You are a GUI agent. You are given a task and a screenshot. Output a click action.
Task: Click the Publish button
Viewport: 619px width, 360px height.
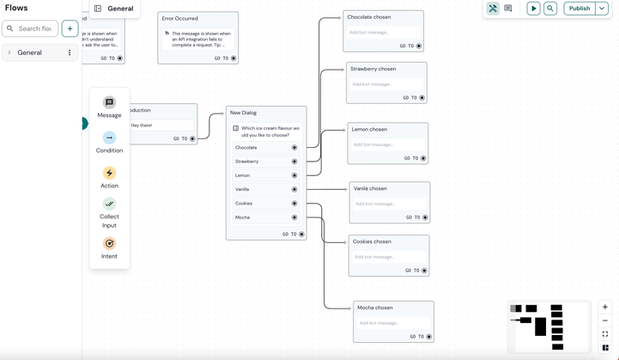coord(580,9)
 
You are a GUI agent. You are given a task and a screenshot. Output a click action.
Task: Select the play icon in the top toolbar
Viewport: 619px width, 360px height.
coord(533,9)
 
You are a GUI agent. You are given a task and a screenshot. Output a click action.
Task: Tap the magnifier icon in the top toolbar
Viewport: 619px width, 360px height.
coord(550,9)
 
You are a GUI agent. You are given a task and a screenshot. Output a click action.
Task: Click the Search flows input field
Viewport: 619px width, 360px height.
coord(34,28)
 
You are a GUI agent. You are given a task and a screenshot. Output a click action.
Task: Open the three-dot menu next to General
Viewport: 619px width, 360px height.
coord(70,52)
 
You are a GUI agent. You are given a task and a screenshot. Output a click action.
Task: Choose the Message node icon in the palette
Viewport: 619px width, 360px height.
coord(109,102)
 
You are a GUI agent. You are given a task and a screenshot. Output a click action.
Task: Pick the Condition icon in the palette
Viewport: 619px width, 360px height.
coord(109,137)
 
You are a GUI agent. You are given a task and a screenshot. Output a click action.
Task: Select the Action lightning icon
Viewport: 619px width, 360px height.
coord(109,173)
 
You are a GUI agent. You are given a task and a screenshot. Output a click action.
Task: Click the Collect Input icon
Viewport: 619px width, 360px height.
coord(109,204)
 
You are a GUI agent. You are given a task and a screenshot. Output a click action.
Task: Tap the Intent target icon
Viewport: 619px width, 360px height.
coord(109,243)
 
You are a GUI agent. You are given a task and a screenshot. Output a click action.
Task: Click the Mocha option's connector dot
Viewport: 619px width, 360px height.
coord(294,217)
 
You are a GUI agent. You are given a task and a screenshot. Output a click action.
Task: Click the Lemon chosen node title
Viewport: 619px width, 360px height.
coord(369,130)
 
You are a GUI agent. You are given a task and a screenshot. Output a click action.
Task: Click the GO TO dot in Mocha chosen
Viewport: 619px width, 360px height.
coord(428,337)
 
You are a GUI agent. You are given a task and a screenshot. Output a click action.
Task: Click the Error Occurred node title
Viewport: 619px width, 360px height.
coord(180,18)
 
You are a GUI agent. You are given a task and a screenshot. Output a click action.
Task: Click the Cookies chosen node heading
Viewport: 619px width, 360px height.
coord(372,241)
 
